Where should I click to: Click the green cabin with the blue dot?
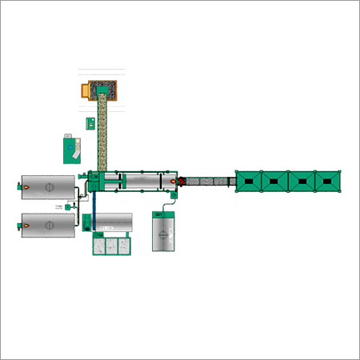click(73, 149)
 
